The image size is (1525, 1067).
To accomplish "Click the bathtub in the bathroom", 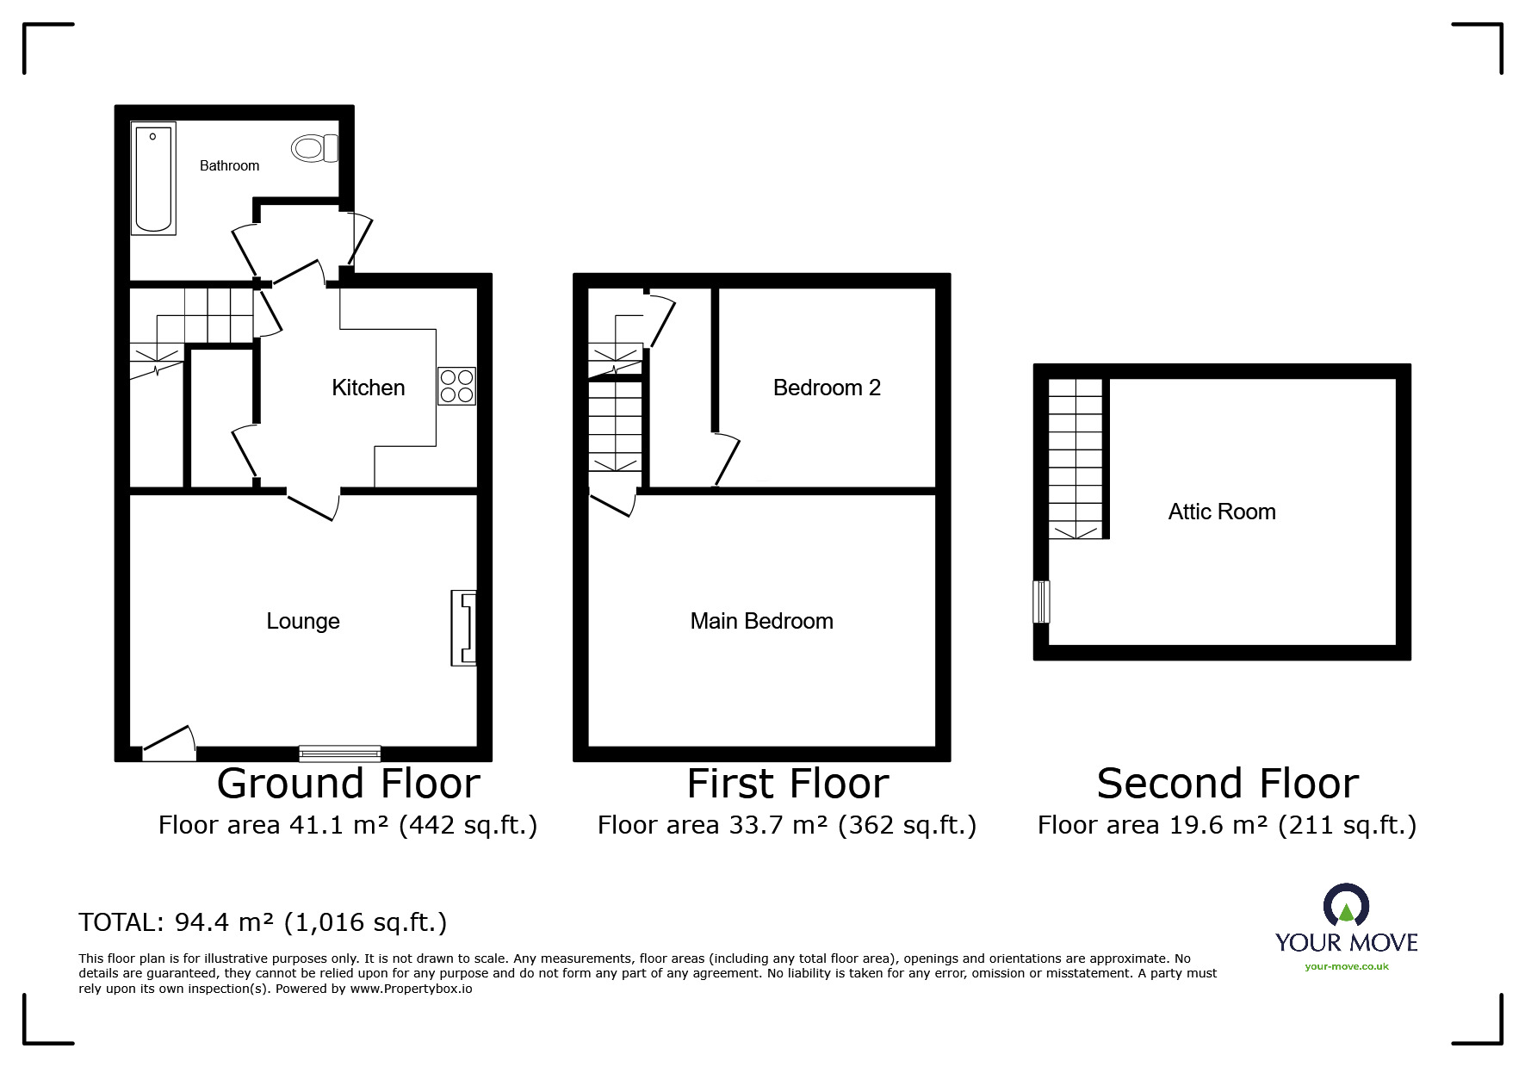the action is tap(153, 178).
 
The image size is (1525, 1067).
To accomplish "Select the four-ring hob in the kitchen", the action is tap(456, 386).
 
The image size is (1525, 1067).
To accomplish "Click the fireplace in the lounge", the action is tap(463, 628).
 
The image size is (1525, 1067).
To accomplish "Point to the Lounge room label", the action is tap(303, 621).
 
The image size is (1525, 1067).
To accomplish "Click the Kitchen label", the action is tap(369, 388).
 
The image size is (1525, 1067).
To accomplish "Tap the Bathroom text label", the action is tap(229, 165).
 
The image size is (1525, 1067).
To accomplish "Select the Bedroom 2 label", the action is tap(827, 388).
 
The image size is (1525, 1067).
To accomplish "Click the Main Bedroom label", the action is tap(762, 621).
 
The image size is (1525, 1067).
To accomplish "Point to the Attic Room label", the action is tap(1222, 512).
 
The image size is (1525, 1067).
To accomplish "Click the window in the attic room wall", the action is tap(1042, 601).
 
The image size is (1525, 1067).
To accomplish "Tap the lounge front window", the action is tap(340, 754).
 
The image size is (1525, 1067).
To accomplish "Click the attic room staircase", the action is tap(1075, 459).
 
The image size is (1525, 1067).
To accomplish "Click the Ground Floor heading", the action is tap(349, 784).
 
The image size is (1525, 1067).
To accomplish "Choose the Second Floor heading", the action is tap(1228, 784).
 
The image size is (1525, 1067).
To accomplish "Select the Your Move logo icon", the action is tap(1346, 906).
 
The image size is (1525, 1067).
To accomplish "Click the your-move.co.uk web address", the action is tap(1347, 966).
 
